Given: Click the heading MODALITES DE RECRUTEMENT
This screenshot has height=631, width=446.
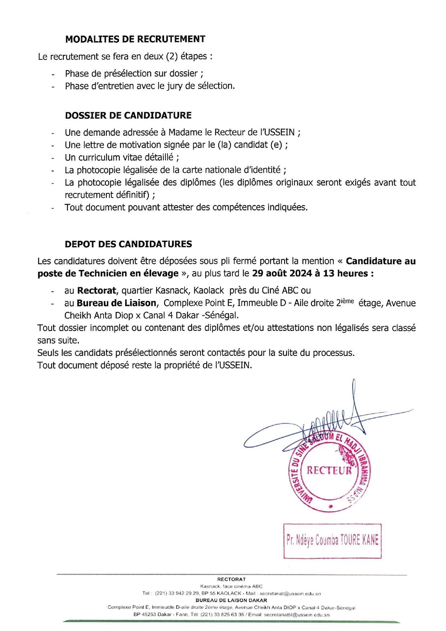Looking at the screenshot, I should point(135,39).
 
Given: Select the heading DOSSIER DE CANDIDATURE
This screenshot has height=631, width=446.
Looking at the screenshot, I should point(128,116).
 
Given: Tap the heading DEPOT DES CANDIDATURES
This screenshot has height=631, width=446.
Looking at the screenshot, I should point(128,244).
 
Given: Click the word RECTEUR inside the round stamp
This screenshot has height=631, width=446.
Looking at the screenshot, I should point(329,470).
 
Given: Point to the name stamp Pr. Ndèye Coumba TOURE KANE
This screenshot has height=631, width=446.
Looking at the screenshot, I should point(332,540).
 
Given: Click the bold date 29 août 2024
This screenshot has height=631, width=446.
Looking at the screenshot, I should point(282,273).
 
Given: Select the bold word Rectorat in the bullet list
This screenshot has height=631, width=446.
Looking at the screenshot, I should point(96,290).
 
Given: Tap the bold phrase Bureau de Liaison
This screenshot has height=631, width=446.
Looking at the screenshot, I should point(117,303).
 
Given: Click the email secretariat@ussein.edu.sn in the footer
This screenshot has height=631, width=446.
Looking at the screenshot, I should point(290,594).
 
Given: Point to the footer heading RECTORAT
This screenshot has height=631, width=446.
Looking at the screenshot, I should point(231,579).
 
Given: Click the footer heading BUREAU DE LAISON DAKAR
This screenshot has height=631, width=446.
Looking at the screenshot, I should point(231,600).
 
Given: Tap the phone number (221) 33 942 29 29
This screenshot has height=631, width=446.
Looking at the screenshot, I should point(177,594).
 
